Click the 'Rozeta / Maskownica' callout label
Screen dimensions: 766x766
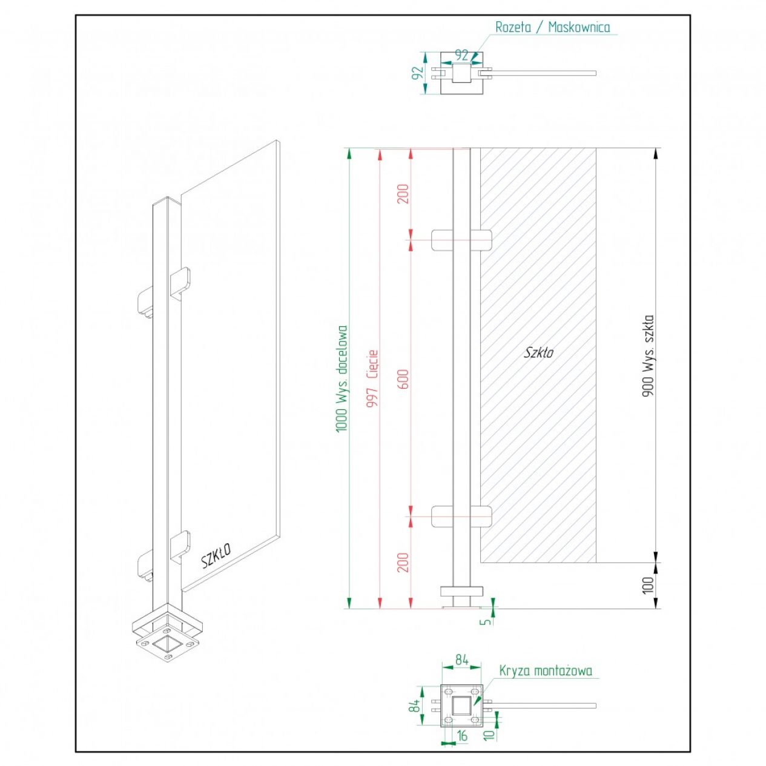pos(552,27)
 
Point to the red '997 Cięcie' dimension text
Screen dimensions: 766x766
pos(372,378)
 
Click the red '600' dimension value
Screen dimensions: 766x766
pos(403,378)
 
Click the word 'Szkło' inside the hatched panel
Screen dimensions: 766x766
pos(539,352)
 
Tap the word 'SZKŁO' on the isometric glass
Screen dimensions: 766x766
pos(216,556)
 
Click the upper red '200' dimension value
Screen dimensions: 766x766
pos(403,194)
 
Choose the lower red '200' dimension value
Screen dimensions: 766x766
pos(403,562)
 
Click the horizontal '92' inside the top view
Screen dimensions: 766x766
pos(461,55)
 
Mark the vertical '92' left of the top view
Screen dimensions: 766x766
pos(418,73)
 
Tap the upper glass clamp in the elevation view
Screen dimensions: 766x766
pos(461,240)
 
